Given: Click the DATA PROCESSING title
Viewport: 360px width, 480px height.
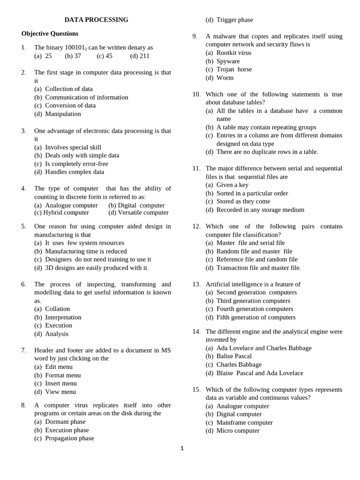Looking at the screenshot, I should pyautogui.click(x=96, y=20).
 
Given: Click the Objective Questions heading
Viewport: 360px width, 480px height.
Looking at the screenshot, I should pyautogui.click(x=50, y=34).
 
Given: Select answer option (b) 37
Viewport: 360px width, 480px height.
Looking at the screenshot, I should pyautogui.click(x=73, y=56).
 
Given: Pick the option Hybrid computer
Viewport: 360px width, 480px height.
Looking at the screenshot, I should pyautogui.click(x=61, y=212).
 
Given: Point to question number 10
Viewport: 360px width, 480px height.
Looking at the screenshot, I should pyautogui.click(x=196, y=94).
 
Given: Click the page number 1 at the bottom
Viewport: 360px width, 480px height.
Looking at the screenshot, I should pyautogui.click(x=182, y=449).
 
